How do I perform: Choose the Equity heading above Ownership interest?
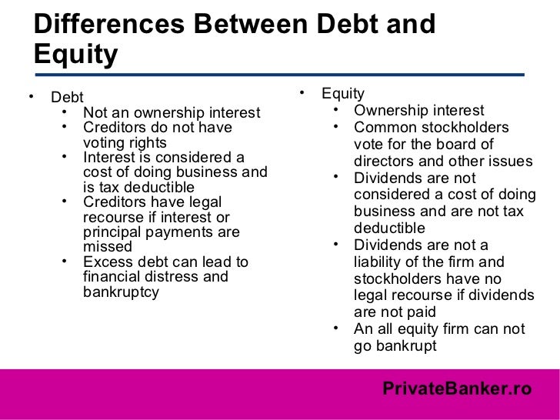click(x=343, y=93)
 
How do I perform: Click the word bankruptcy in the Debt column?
click(x=121, y=292)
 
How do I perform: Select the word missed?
click(x=107, y=248)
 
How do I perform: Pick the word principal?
click(x=112, y=232)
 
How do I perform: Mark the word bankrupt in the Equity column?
click(x=405, y=345)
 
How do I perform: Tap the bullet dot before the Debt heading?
click(x=30, y=98)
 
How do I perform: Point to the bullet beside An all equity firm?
click(x=337, y=328)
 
